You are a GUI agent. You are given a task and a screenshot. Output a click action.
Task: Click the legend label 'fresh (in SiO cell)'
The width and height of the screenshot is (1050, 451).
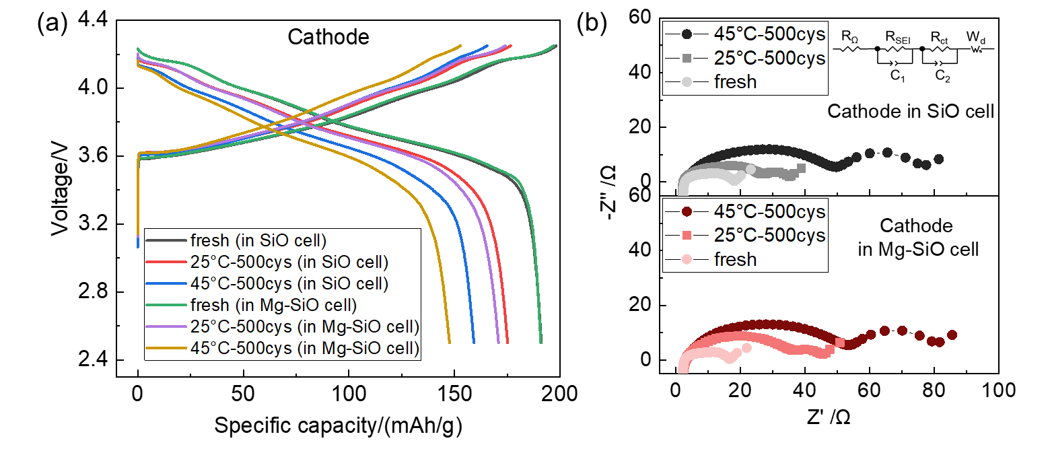pyautogui.click(x=258, y=240)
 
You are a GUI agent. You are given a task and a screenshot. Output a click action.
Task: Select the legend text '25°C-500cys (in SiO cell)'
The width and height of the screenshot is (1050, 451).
pyautogui.click(x=289, y=261)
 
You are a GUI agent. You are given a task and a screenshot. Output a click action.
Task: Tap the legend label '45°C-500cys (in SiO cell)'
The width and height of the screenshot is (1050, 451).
pyautogui.click(x=289, y=283)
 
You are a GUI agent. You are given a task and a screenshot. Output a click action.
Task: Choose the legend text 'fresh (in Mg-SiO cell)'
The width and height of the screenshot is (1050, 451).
pyautogui.click(x=273, y=304)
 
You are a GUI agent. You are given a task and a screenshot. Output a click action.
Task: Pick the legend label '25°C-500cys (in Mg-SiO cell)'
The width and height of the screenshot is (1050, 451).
pyautogui.click(x=305, y=326)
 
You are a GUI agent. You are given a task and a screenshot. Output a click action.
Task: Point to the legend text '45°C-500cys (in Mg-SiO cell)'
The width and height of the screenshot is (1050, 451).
pyautogui.click(x=305, y=348)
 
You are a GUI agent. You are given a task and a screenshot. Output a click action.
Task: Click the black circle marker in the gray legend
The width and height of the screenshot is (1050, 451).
pyautogui.click(x=687, y=34)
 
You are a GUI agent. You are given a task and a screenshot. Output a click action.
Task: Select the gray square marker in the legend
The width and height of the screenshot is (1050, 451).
pyautogui.click(x=687, y=58)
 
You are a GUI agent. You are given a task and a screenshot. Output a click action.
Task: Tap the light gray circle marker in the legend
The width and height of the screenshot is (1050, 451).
pyautogui.click(x=687, y=82)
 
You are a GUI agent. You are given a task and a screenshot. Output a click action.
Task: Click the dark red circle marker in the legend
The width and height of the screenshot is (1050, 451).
pyautogui.click(x=687, y=211)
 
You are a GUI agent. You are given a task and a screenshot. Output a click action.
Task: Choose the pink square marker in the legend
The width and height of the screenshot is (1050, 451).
pyautogui.click(x=687, y=236)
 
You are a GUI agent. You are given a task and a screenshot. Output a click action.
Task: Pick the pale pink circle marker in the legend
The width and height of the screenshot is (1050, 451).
pyautogui.click(x=687, y=260)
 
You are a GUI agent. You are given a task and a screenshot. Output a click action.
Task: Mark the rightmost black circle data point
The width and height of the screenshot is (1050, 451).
pyautogui.click(x=939, y=159)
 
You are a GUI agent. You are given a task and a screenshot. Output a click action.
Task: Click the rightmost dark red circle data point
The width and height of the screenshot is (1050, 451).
pyautogui.click(x=952, y=335)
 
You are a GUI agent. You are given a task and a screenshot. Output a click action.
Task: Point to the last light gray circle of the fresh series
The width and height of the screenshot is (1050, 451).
pyautogui.click(x=750, y=169)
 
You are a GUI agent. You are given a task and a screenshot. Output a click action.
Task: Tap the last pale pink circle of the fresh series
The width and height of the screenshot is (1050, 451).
pyautogui.click(x=746, y=347)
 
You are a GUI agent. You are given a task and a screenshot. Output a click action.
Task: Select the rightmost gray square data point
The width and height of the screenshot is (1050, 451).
pyautogui.click(x=801, y=168)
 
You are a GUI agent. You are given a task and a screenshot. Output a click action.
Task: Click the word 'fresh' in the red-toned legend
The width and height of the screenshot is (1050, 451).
pyautogui.click(x=735, y=260)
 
